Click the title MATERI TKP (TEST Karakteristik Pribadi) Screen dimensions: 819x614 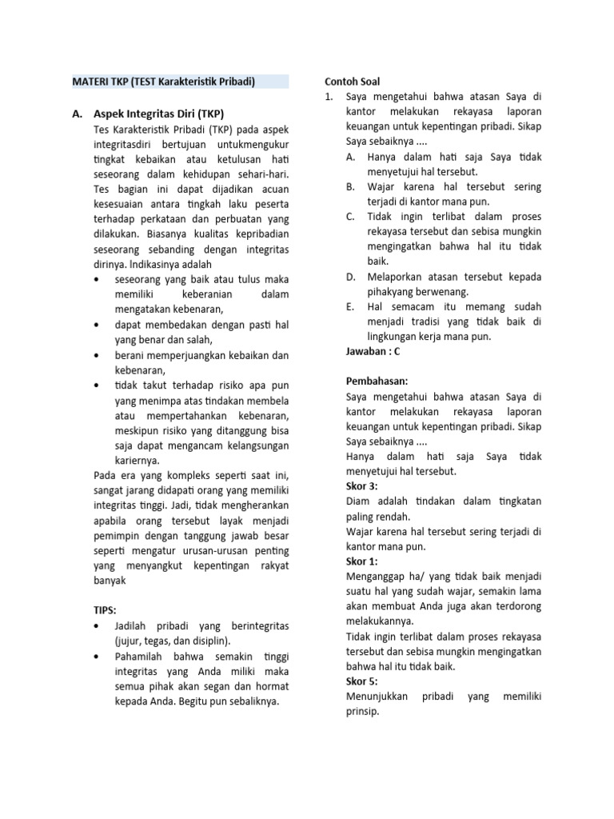[x=163, y=82]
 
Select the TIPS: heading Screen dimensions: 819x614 [x=106, y=609]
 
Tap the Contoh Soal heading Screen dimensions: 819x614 [x=353, y=82]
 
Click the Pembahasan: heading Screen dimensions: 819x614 [x=377, y=382]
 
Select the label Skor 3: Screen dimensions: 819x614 [x=362, y=486]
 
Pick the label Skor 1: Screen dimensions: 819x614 [x=362, y=561]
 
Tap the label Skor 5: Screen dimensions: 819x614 [x=362, y=681]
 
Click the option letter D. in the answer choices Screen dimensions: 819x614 [x=351, y=277]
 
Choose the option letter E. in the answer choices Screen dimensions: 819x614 [x=350, y=306]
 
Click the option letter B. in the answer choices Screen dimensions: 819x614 [x=350, y=186]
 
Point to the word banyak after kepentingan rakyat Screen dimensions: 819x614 [x=111, y=581]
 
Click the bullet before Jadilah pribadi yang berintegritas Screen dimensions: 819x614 [x=98, y=625]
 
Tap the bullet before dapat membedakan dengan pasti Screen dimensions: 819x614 [x=98, y=326]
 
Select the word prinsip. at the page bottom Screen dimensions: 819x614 [x=364, y=711]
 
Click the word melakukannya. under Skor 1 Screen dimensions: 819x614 [x=381, y=621]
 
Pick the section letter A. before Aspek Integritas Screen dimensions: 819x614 [x=78, y=114]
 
